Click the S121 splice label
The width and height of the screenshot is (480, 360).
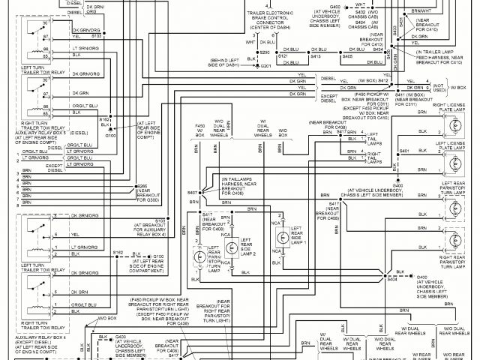pos(282,57)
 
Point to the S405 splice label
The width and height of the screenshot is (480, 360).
pos(347,57)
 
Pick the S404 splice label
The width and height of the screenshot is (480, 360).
pos(391,279)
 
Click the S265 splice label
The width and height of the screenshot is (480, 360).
pos(142,185)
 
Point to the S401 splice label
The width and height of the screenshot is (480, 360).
pos(404,151)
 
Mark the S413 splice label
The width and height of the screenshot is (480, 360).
pos(315,57)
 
